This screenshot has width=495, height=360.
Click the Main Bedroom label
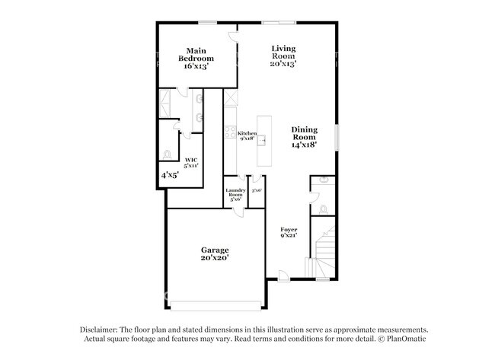pyautogui.click(x=196, y=59)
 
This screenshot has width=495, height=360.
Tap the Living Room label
pyautogui.click(x=283, y=56)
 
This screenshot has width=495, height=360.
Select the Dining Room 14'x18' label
pyautogui.click(x=304, y=136)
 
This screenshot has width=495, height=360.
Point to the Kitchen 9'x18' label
pyautogui.click(x=247, y=136)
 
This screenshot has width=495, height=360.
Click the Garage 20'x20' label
pyautogui.click(x=215, y=253)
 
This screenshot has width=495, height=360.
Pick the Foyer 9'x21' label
pyautogui.click(x=288, y=232)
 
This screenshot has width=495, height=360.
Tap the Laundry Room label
pyautogui.click(x=235, y=195)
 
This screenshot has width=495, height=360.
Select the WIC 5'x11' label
pyautogui.click(x=191, y=162)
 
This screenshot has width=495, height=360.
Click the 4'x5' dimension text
pyautogui.click(x=170, y=175)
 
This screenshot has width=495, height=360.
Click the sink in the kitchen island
pyautogui.click(x=263, y=139)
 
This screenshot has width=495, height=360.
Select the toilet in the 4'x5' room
pyautogui.click(x=168, y=155)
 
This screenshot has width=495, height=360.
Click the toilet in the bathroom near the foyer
pyautogui.click(x=323, y=208)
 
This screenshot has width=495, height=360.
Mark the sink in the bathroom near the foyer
pyautogui.click(x=323, y=181)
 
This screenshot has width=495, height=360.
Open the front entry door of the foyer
pyautogui.click(x=284, y=275)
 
